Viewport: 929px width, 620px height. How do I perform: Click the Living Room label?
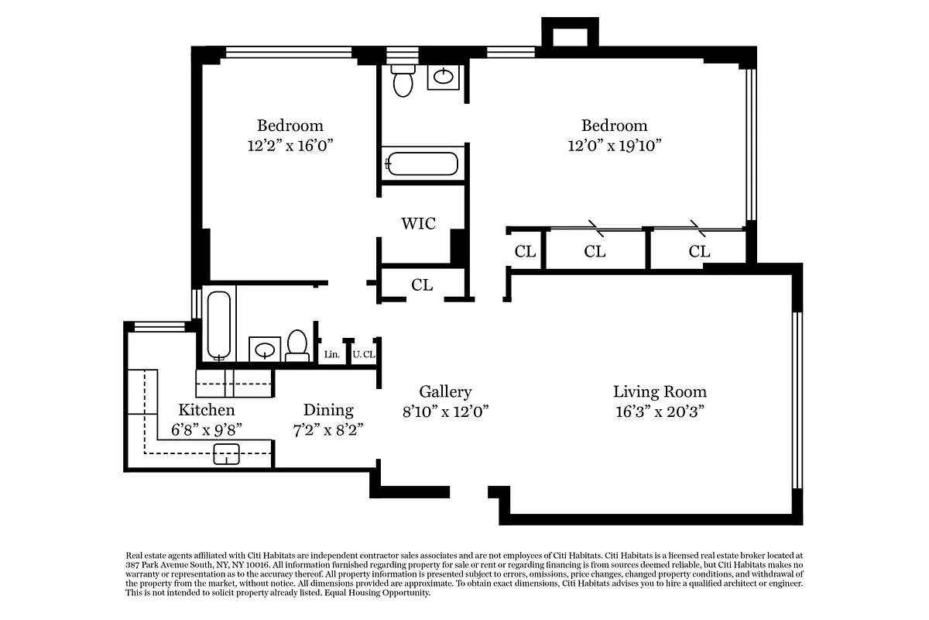tap(660, 391)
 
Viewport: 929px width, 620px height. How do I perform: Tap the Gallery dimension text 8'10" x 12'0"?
tap(444, 412)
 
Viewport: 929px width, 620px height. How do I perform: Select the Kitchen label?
tap(206, 410)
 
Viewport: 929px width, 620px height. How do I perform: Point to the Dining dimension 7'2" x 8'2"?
tap(328, 429)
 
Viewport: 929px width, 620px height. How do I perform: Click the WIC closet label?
tap(418, 224)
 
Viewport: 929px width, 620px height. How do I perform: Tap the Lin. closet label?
tap(332, 354)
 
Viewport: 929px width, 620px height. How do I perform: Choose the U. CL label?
tap(363, 354)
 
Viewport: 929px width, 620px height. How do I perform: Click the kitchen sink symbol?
tap(227, 454)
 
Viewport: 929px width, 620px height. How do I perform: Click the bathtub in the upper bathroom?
tap(422, 164)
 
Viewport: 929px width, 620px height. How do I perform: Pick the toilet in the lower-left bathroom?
tap(297, 346)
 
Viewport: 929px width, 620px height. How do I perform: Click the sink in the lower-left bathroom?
tap(266, 350)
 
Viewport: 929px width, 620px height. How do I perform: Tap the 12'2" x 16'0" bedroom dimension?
tap(290, 144)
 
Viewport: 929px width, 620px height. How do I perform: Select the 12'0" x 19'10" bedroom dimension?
tap(614, 144)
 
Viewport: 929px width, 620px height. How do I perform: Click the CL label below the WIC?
tap(422, 285)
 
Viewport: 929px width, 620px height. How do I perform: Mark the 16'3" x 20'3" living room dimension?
tap(660, 412)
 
